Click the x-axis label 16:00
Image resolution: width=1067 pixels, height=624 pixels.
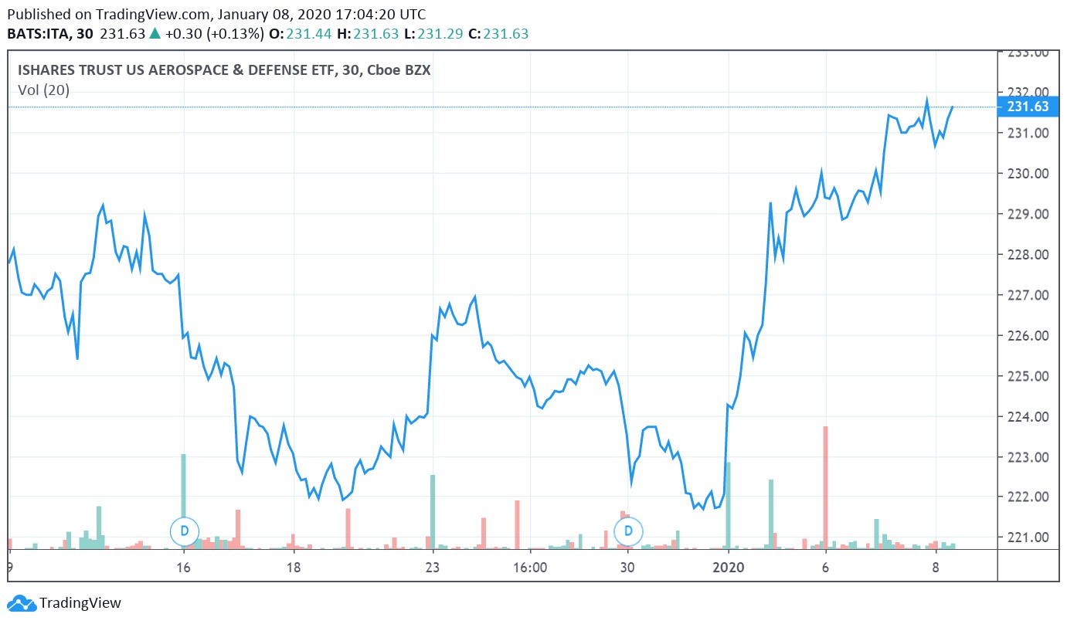pyautogui.click(x=529, y=568)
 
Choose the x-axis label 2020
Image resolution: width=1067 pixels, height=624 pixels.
pyautogui.click(x=728, y=568)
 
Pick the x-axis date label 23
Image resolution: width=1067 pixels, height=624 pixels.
pyautogui.click(x=432, y=568)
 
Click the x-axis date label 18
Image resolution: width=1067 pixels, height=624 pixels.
pyautogui.click(x=293, y=568)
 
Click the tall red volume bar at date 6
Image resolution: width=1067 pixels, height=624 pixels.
pyautogui.click(x=825, y=487)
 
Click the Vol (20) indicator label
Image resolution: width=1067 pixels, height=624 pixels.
pyautogui.click(x=43, y=90)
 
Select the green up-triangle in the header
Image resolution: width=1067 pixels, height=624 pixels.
pyautogui.click(x=155, y=34)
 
